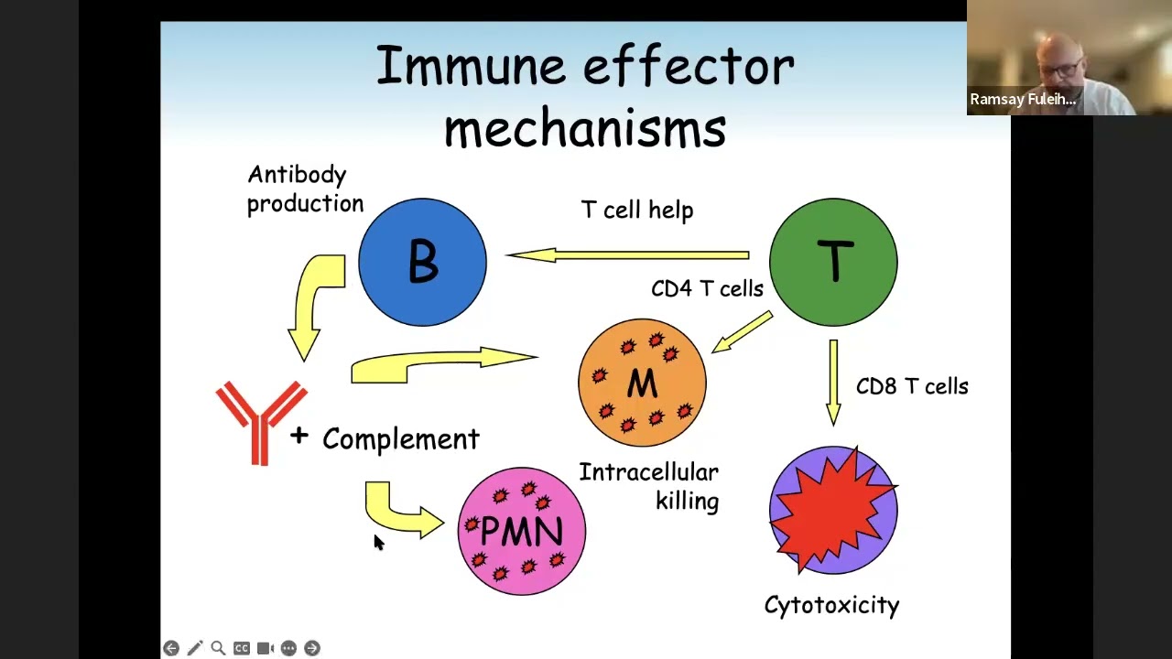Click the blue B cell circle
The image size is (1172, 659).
[422, 262]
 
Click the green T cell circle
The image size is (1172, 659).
[833, 262]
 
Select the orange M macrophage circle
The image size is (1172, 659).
[642, 383]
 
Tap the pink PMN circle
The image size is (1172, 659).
[521, 531]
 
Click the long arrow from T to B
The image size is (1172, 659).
[627, 255]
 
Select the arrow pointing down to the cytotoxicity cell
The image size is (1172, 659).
[833, 381]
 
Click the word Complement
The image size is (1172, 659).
[400, 439]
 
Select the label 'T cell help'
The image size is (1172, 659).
[637, 210]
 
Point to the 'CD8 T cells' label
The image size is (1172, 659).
[912, 386]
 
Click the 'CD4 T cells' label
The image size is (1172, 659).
[707, 288]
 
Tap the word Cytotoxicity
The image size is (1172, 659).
[831, 605]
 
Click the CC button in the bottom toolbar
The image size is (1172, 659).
[242, 648]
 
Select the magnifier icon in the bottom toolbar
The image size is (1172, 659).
[218, 648]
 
